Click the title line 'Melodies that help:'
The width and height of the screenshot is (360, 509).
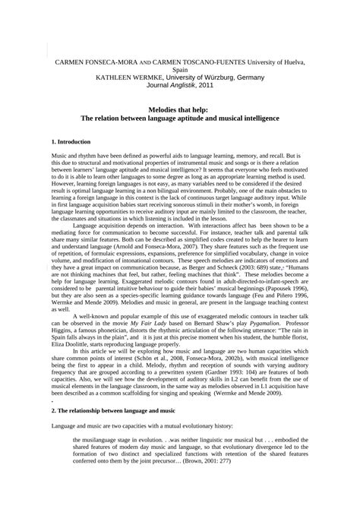[180, 110]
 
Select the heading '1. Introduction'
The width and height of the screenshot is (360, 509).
[71, 141]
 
